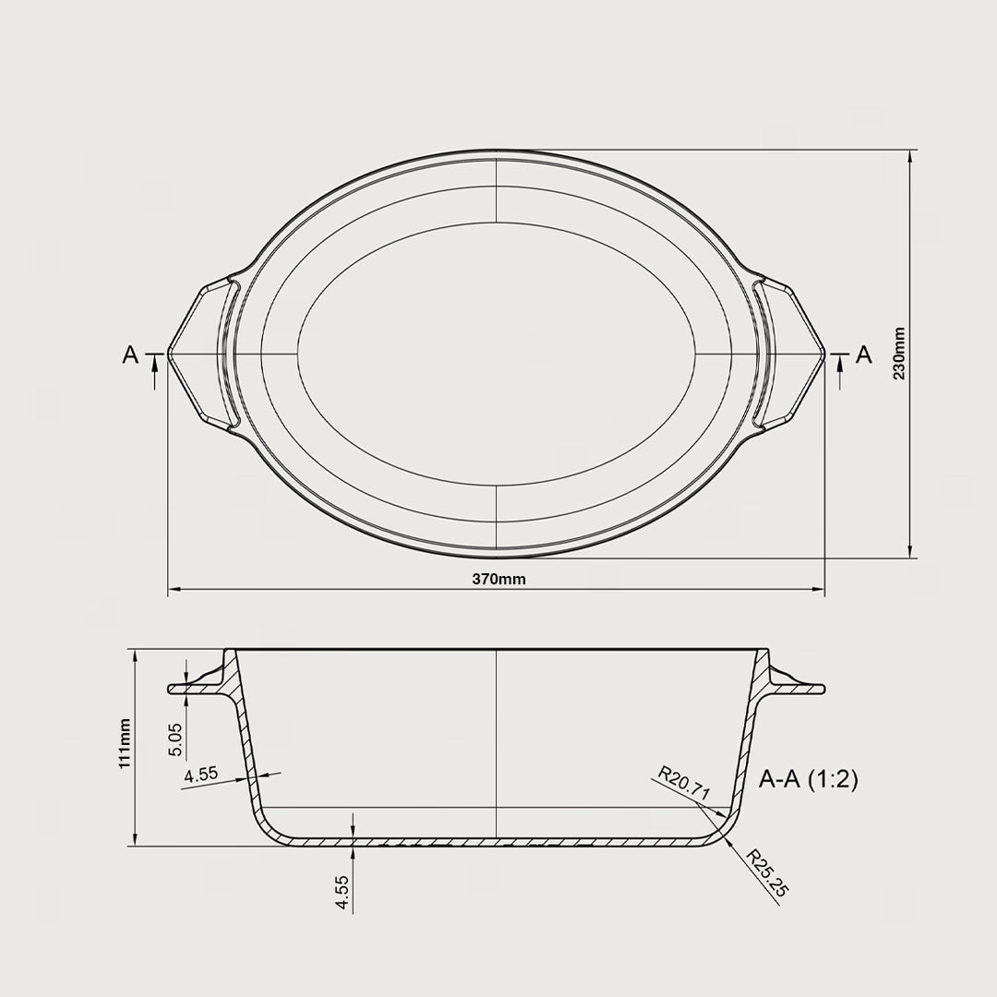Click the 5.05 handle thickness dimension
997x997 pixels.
(x=176, y=739)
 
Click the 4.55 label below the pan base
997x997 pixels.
(x=342, y=894)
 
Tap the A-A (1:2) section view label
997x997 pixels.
(x=809, y=780)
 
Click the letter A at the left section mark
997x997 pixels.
(x=130, y=354)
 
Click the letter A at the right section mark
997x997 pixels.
(x=864, y=354)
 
